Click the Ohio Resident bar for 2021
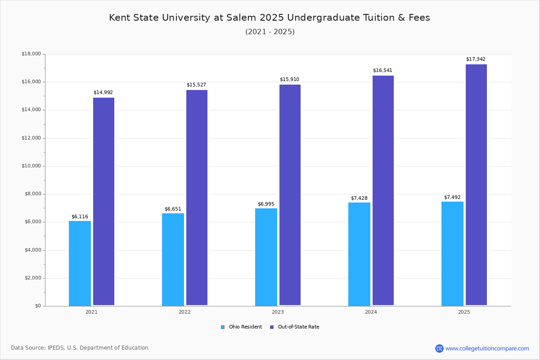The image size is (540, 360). coord(80,263)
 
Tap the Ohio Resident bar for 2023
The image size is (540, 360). coord(266,257)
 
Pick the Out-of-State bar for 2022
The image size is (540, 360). coord(197,198)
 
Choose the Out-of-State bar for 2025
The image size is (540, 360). coord(476,185)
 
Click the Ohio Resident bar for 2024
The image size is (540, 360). coord(359,254)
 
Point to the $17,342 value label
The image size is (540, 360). coord(476,59)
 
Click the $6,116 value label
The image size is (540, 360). coord(80,216)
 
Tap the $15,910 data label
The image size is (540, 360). coord(289,80)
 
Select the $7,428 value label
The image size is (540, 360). coord(359,198)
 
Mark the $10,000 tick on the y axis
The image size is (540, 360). coord(31,166)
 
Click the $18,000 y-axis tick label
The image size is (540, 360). coord(31,54)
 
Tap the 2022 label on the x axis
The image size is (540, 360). coord(184,312)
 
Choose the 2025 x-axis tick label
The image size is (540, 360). coord(464,312)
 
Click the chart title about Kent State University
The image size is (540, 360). coord(270,18)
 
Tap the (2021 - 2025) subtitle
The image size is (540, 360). coord(270,32)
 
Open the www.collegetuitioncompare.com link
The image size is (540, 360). coord(487,348)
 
